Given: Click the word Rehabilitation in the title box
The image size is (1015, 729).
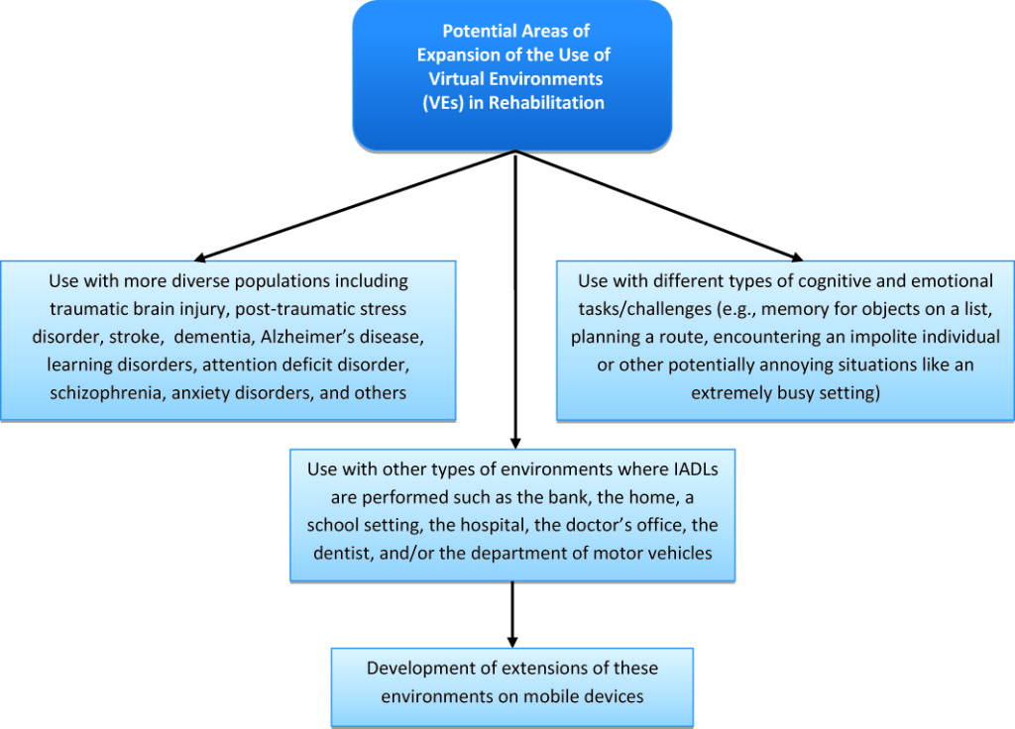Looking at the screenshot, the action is point(546,102).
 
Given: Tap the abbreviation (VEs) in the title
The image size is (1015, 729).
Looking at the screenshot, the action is point(443,103).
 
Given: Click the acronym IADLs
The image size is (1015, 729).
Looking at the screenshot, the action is point(692,469).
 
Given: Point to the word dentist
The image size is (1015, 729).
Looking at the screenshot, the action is point(344,553).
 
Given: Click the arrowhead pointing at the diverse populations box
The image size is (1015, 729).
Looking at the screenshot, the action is point(200,258).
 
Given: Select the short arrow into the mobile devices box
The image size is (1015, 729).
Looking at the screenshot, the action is point(512,614).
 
